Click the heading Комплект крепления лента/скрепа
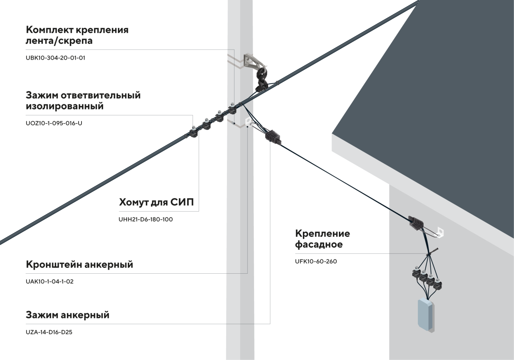pyautogui.click(x=77, y=35)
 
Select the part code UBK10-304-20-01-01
pyautogui.click(x=55, y=58)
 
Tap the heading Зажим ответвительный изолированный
pyautogui.click(x=83, y=101)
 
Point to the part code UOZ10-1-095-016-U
pyautogui.click(x=54, y=123)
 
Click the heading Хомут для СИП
pyautogui.click(x=156, y=202)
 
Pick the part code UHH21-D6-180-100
pyautogui.click(x=145, y=220)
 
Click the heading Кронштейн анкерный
pyautogui.click(x=79, y=264)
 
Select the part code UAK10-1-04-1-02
pyautogui.click(x=50, y=282)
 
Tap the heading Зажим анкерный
pyautogui.click(x=68, y=315)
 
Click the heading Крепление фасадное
pyautogui.click(x=322, y=239)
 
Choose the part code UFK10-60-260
pyautogui.click(x=316, y=262)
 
